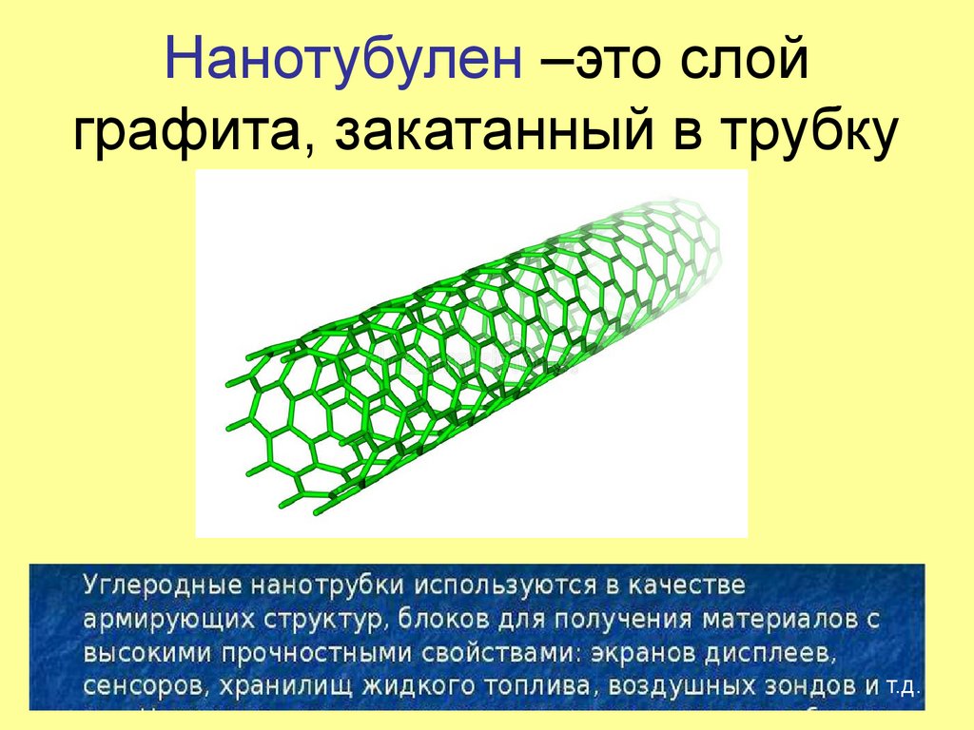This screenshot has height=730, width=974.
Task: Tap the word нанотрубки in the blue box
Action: [x=300, y=582]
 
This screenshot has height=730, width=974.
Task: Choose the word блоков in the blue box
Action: [x=433, y=620]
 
